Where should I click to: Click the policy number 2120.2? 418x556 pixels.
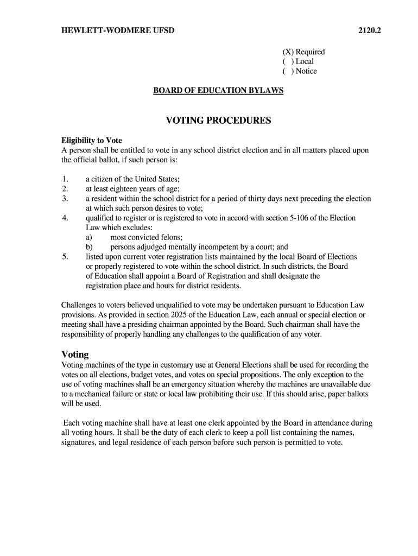tap(369, 30)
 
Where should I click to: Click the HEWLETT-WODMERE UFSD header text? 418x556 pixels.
tap(118, 30)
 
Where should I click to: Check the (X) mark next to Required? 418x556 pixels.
tap(286, 52)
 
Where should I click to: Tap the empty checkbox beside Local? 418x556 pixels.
tap(286, 62)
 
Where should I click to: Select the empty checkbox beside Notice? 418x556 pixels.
tap(286, 72)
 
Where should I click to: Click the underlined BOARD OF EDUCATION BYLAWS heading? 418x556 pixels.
tap(218, 91)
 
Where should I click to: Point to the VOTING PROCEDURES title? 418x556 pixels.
tap(218, 121)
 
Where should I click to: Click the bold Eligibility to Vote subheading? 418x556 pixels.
tap(91, 141)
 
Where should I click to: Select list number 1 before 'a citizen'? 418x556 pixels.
tap(65, 180)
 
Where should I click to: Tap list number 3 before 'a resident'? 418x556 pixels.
tap(65, 199)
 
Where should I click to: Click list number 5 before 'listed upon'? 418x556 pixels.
tap(65, 257)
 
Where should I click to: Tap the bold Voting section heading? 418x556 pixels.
tap(75, 355)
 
